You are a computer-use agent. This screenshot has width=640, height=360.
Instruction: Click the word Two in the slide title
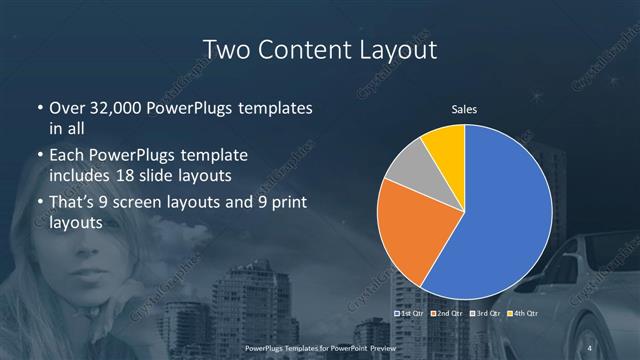228,49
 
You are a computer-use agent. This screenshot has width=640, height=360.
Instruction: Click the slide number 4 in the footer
591,347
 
